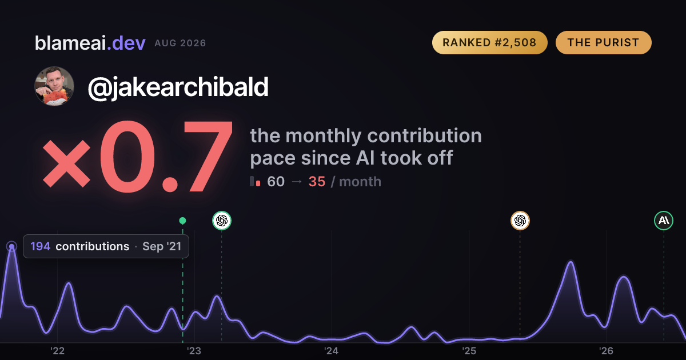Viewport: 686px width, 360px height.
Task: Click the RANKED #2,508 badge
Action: pyautogui.click(x=490, y=42)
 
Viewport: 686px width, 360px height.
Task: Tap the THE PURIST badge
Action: pyautogui.click(x=603, y=42)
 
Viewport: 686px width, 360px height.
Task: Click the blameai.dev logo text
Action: pyautogui.click(x=90, y=43)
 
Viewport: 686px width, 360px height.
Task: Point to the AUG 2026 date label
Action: pyautogui.click(x=180, y=43)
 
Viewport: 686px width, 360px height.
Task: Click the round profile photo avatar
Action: pyautogui.click(x=54, y=86)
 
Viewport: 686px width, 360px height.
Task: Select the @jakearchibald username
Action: pyautogui.click(x=178, y=87)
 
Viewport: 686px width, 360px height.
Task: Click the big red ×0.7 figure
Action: pyautogui.click(x=138, y=156)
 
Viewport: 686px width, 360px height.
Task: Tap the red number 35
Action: pyautogui.click(x=317, y=182)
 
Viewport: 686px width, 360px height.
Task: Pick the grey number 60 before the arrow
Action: pyautogui.click(x=276, y=182)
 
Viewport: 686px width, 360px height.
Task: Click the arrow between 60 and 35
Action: pyautogui.click(x=297, y=182)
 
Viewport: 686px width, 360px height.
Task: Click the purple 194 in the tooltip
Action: pyautogui.click(x=41, y=246)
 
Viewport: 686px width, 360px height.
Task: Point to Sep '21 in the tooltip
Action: pyautogui.click(x=162, y=246)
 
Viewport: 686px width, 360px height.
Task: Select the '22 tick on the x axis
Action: pyautogui.click(x=57, y=351)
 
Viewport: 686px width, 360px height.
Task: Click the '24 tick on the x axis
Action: pyautogui.click(x=332, y=351)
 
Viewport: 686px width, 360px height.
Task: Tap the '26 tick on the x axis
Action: pyautogui.click(x=606, y=351)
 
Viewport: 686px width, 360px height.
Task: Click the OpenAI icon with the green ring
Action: pyautogui.click(x=222, y=221)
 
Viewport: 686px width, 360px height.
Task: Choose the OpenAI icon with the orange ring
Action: pyautogui.click(x=520, y=221)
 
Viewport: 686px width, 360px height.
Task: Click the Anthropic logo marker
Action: pyautogui.click(x=664, y=221)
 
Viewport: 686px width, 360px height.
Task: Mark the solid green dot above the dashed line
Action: pyautogui.click(x=182, y=221)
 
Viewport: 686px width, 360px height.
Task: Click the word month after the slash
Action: pyautogui.click(x=360, y=182)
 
